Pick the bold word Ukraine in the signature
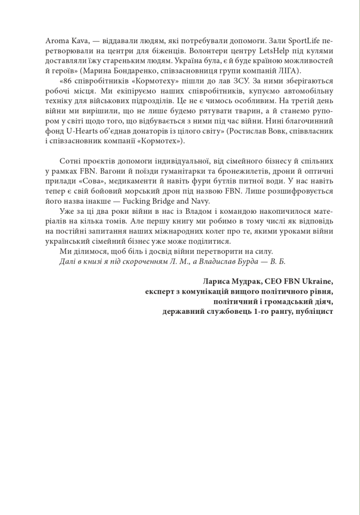tap(317, 281)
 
